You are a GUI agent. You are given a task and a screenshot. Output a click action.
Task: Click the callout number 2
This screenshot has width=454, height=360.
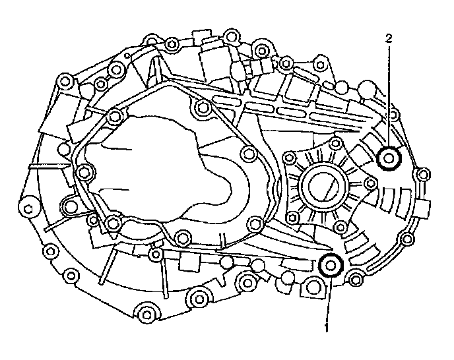(389, 38)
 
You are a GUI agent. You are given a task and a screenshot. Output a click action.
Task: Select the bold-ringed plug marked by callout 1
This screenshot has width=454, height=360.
(330, 265)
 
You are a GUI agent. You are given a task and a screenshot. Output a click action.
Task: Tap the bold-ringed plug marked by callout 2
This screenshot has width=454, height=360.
(389, 158)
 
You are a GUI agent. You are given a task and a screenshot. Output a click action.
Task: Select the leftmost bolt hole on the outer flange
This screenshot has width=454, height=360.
(29, 210)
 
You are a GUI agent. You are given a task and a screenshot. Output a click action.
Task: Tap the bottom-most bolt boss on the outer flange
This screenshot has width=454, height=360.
(146, 311)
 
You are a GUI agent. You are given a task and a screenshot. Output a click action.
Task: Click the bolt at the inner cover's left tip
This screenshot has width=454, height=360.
(82, 173)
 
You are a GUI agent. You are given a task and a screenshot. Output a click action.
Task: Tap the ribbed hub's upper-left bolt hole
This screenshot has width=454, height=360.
(288, 158)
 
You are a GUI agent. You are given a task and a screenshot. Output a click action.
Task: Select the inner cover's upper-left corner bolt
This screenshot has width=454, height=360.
(116, 115)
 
